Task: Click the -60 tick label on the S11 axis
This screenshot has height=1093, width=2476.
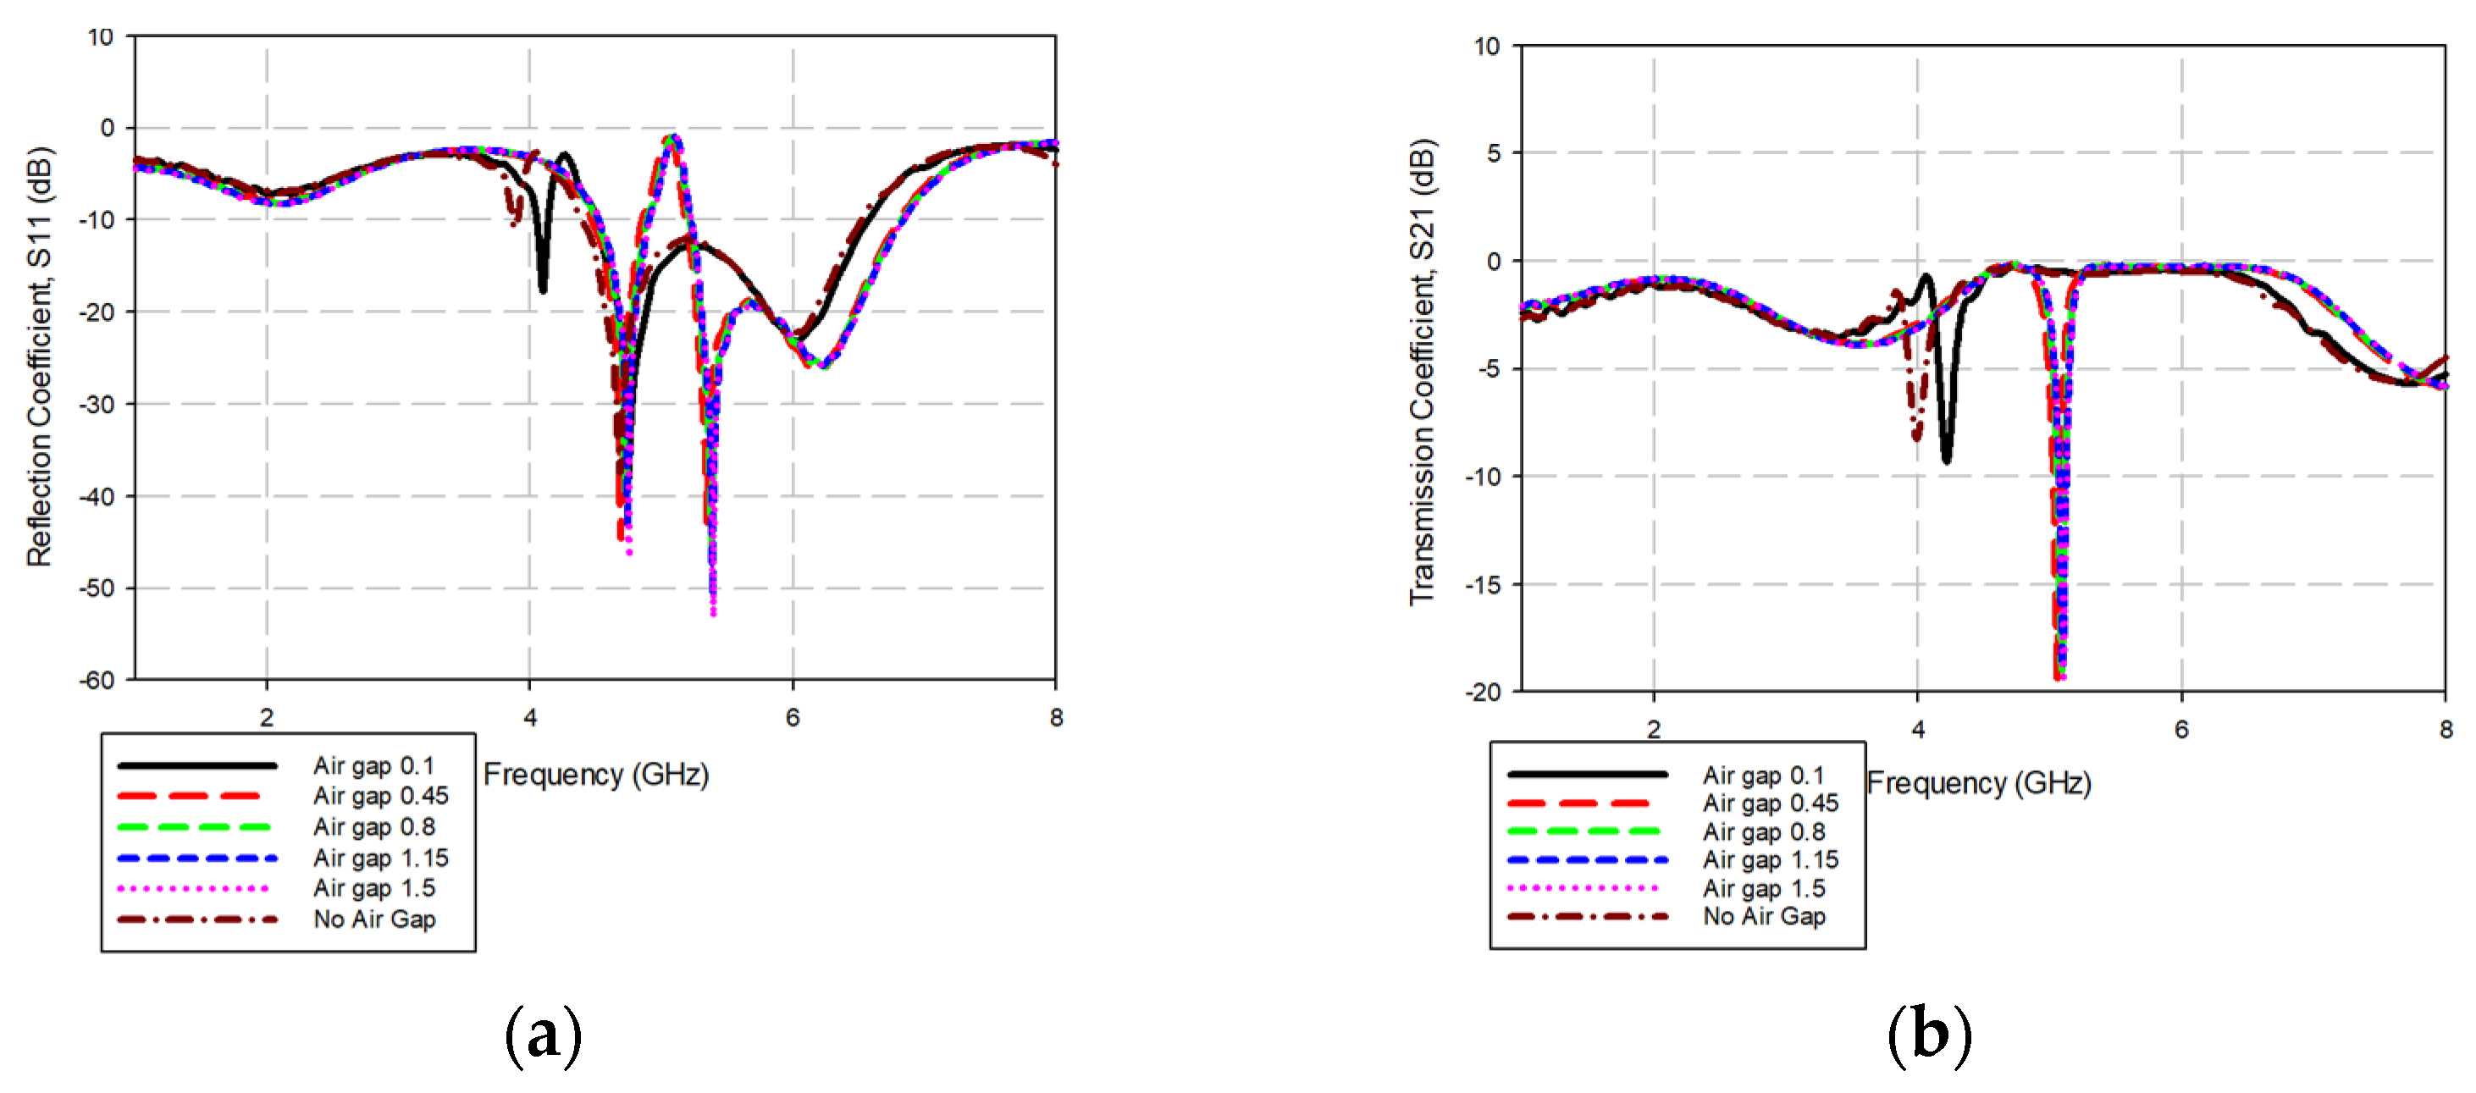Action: (97, 681)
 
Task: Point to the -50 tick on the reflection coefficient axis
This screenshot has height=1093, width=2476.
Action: (97, 588)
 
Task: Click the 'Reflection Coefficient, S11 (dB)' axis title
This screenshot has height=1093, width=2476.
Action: (40, 356)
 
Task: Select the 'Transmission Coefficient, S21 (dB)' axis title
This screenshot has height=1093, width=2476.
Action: (1422, 372)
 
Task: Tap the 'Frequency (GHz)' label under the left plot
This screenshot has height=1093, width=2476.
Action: (596, 774)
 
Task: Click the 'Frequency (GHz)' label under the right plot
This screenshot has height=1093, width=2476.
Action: (1979, 782)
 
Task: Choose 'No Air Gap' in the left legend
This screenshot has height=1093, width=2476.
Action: (374, 919)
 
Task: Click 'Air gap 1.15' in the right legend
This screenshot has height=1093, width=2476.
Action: (1771, 859)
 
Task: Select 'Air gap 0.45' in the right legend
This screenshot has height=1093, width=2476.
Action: (1771, 803)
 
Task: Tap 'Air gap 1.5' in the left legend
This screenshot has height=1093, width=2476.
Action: (374, 888)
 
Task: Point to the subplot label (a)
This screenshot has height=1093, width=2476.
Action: (543, 1035)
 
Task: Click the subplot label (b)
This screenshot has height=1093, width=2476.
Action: (1929, 1035)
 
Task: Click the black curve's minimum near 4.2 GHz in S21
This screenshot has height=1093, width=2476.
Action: (1947, 461)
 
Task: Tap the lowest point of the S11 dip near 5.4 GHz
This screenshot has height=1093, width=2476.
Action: (713, 611)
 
